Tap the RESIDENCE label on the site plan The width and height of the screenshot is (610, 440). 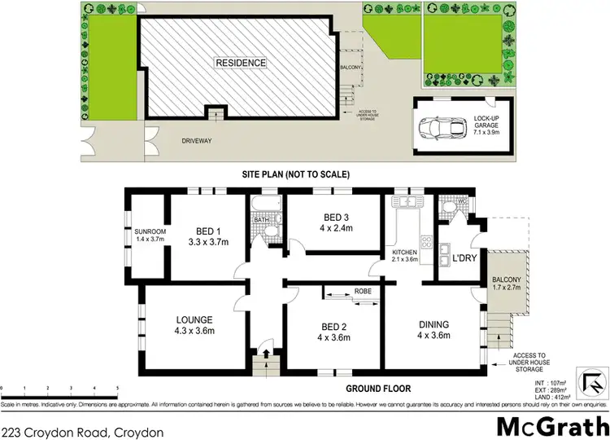pos(240,62)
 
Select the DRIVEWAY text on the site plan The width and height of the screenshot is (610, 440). pos(196,140)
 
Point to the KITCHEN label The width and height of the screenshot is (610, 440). pos(403,253)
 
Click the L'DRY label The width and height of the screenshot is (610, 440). pos(464,257)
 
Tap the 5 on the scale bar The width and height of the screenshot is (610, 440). pos(118,389)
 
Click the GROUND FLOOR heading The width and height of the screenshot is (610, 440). pos(380,389)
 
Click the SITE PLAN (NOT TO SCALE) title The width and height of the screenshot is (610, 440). pos(295,174)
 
